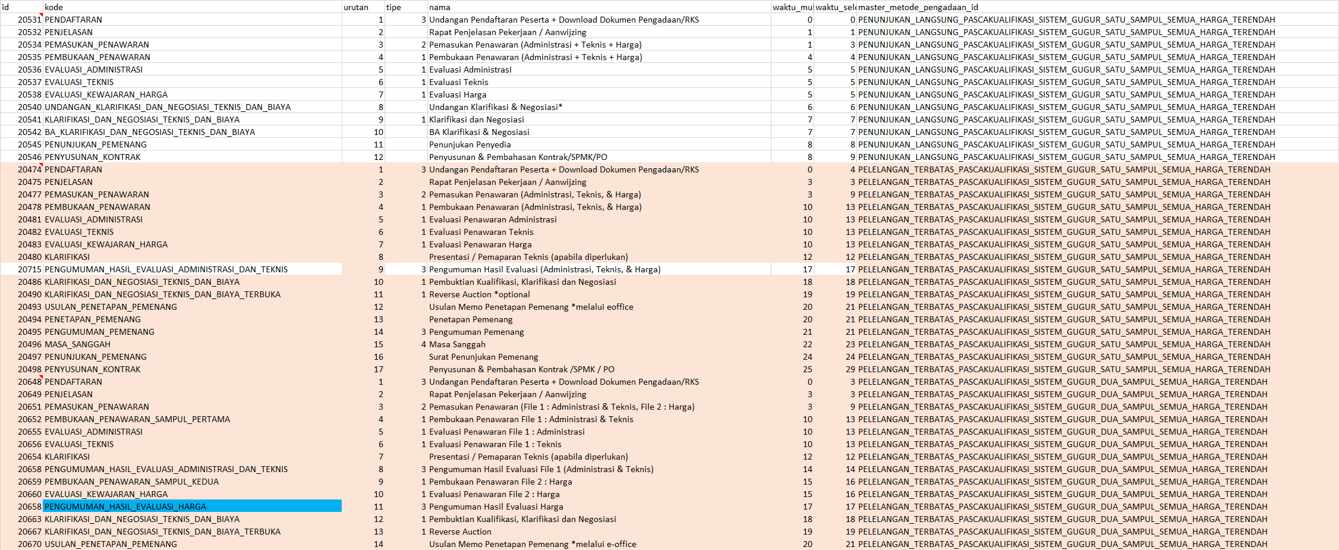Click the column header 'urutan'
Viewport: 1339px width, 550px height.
coord(356,7)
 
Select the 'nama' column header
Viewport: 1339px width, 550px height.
coord(440,7)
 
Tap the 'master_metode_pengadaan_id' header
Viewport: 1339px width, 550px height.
coord(918,7)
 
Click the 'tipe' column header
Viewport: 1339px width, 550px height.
coord(393,7)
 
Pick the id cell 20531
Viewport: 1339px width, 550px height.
coord(30,20)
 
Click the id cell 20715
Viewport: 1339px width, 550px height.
coord(30,269)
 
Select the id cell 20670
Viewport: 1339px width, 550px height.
coord(30,544)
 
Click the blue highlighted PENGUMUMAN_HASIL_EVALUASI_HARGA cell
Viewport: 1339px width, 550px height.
coord(192,507)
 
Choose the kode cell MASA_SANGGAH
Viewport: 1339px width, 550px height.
coord(77,344)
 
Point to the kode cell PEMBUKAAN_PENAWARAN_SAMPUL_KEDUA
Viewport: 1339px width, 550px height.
coord(132,482)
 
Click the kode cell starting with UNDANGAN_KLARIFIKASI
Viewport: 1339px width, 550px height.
coord(168,107)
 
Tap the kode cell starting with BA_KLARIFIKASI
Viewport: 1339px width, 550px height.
coord(150,132)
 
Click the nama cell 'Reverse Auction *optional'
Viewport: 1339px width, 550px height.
coord(479,294)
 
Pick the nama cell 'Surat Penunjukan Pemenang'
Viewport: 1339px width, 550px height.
coord(483,357)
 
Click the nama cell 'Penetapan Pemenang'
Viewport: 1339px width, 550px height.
coord(471,319)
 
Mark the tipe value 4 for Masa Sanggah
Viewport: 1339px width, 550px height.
coord(423,344)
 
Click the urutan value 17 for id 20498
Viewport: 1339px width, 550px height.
coord(379,369)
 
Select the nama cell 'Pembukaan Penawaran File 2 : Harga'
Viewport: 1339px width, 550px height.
coord(500,482)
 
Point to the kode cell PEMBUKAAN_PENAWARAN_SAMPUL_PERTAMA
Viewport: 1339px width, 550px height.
coord(137,419)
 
